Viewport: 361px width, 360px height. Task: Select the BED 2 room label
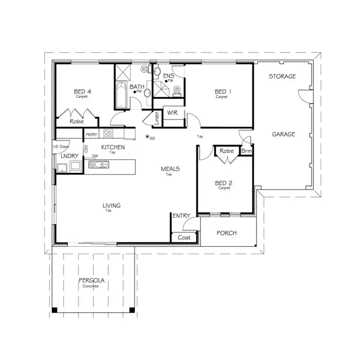click(224, 183)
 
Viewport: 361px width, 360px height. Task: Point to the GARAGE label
click(283, 134)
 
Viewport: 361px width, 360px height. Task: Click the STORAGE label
click(282, 77)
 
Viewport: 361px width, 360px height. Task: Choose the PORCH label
click(226, 233)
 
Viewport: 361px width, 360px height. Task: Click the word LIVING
click(111, 206)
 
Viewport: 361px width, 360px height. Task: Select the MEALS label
click(170, 169)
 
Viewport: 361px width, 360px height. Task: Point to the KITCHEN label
click(113, 147)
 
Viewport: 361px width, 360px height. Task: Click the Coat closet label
click(184, 238)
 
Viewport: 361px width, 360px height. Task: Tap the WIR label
click(172, 113)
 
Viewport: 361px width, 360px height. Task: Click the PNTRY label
click(91, 134)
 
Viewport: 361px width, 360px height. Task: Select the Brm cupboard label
click(246, 151)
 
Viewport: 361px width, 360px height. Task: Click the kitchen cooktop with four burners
click(108, 134)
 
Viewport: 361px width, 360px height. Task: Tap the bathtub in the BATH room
click(120, 95)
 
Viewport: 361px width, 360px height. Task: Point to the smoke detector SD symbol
click(147, 138)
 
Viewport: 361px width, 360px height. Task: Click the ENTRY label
click(181, 216)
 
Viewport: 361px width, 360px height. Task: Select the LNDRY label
click(67, 157)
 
